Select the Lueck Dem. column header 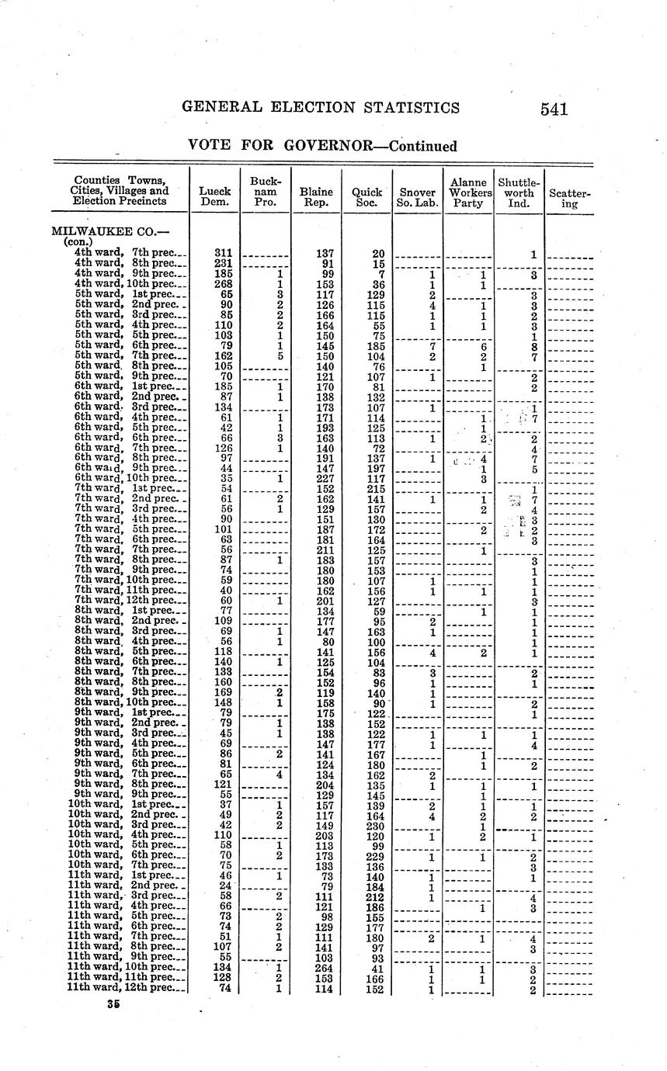click(215, 197)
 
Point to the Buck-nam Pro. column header click(266, 191)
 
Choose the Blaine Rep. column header click(316, 197)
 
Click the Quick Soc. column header click(367, 197)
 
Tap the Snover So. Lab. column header click(418, 197)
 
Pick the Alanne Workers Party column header click(468, 192)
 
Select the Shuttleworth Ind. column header click(519, 192)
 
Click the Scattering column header click(570, 197)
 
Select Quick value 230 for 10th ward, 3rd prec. click(375, 826)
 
